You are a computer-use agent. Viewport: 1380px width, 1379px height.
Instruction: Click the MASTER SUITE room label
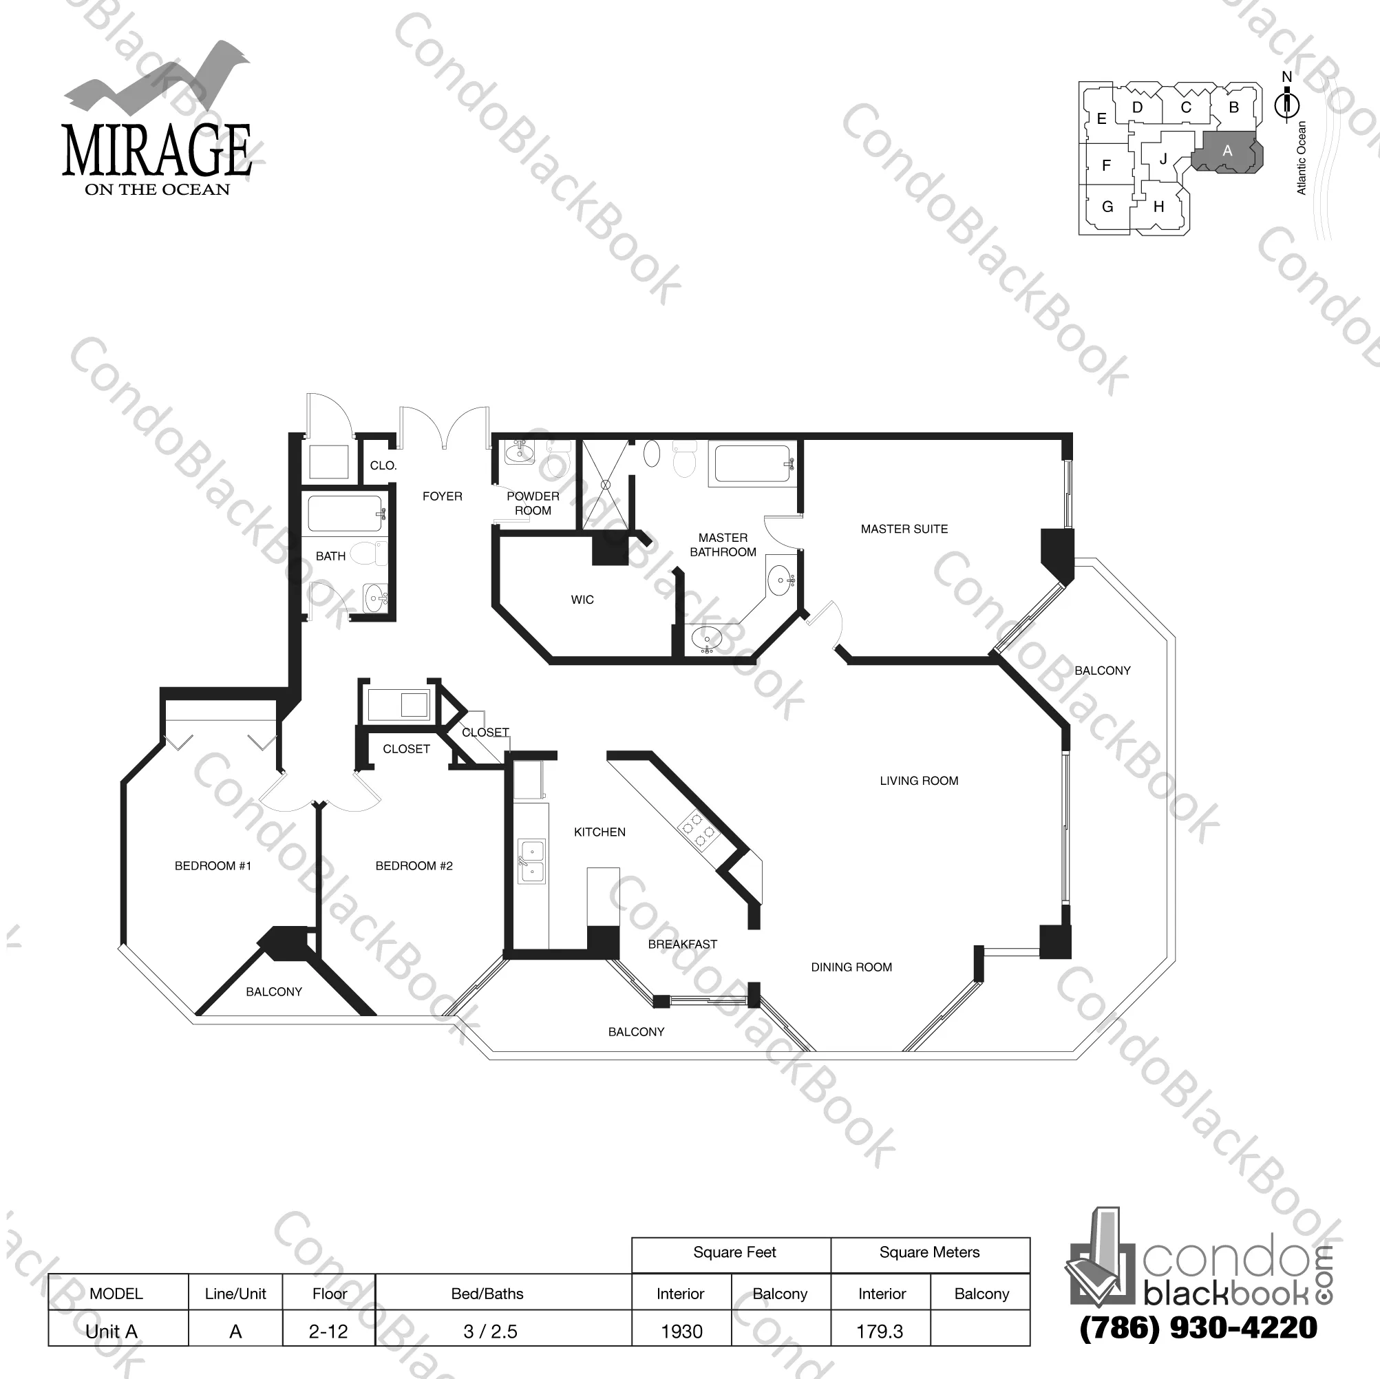coord(904,529)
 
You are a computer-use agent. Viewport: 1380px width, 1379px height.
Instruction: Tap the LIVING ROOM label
coord(919,781)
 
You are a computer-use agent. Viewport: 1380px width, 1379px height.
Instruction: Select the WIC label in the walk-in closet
coord(582,600)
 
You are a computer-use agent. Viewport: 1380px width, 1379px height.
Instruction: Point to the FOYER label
coord(442,496)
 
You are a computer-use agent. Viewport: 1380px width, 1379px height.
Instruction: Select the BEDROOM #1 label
coord(213,866)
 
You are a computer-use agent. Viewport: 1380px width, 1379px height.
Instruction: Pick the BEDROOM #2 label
coord(414,866)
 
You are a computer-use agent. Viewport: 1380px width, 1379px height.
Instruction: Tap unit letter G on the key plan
coord(1107,207)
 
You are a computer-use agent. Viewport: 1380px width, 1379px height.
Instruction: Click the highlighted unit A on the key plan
coord(1227,151)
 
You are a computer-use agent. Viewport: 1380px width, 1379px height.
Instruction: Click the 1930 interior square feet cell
coord(681,1331)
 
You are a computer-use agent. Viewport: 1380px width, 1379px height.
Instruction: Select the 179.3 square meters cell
coord(880,1331)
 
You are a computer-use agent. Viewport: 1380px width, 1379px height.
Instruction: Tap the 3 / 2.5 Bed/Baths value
coord(490,1331)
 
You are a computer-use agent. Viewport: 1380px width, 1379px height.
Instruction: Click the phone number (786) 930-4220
coord(1198,1327)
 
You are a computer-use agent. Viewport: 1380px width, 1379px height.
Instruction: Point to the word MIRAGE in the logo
coord(157,151)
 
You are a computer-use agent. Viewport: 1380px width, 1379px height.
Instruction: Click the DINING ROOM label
coord(851,967)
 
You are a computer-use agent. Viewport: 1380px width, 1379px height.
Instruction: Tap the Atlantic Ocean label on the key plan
coord(1302,158)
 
